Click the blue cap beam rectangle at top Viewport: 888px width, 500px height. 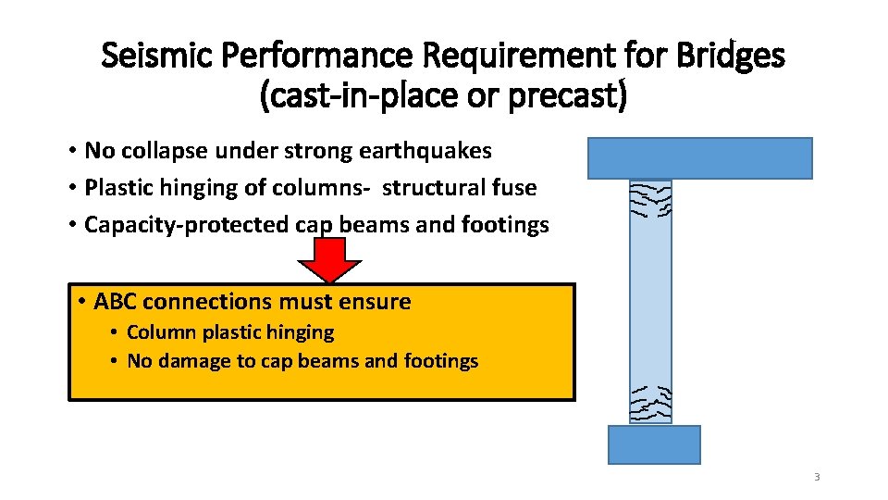pyautogui.click(x=699, y=157)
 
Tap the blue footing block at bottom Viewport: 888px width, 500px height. pyautogui.click(x=653, y=444)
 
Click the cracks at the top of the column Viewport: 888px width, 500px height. pyautogui.click(x=651, y=198)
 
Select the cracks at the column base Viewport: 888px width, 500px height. pyautogui.click(x=651, y=403)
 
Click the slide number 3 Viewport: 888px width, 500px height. pyautogui.click(x=817, y=477)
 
